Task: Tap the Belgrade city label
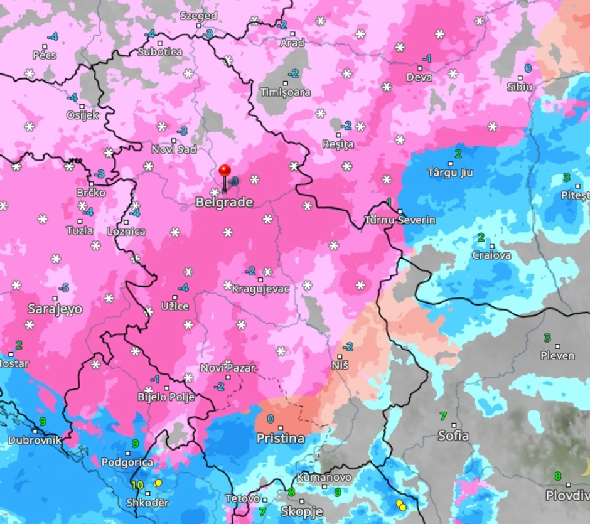224,202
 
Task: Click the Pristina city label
280,438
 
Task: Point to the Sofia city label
453,435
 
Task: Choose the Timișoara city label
285,92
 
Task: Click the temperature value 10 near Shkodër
137,484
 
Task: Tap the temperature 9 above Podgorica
135,444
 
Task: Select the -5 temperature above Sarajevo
63,288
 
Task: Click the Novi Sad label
174,149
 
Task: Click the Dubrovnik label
35,440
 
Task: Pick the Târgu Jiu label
450,172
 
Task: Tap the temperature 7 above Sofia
443,415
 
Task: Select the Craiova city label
492,255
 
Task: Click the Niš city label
340,365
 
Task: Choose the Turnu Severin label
400,220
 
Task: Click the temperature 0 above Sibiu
528,68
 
